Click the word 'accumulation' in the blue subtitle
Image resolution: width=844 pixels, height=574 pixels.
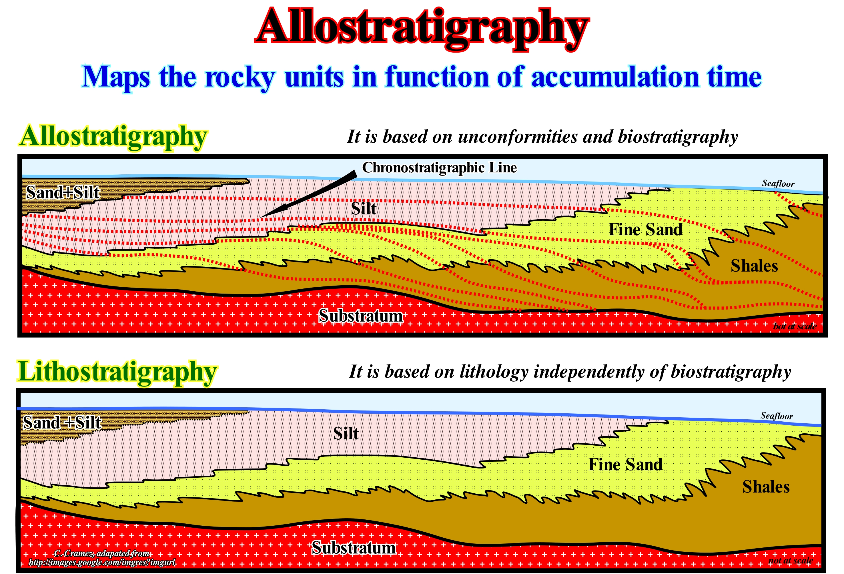click(x=615, y=77)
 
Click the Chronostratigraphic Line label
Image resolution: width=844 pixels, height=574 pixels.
click(x=439, y=168)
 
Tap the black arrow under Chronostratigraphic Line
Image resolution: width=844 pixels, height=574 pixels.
click(x=309, y=194)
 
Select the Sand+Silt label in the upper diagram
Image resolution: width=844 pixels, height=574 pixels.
click(x=63, y=192)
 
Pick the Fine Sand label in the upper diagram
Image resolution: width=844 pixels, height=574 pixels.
click(x=645, y=230)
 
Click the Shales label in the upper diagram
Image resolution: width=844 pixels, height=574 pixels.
click(x=754, y=266)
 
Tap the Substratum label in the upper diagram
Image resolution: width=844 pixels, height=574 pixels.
click(x=361, y=316)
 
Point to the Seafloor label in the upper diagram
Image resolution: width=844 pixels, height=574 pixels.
click(x=778, y=184)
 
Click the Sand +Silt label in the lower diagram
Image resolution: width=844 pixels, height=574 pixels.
click(x=62, y=422)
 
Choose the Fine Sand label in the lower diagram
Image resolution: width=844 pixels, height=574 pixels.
click(x=625, y=465)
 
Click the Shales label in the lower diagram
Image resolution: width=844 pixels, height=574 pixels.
click(x=766, y=487)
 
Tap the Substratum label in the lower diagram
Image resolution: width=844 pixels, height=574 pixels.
click(x=354, y=548)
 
